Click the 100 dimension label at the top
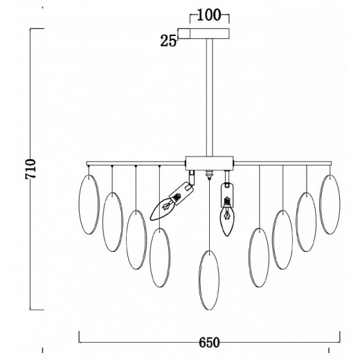tap(208, 15)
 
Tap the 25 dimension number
tap(168, 41)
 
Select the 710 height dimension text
tap(30, 169)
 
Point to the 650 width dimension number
tap(209, 343)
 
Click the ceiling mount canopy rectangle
tap(204, 33)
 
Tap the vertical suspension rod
tap(209, 97)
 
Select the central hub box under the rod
tap(209, 163)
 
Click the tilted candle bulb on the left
tap(161, 208)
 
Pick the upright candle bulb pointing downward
tap(227, 220)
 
